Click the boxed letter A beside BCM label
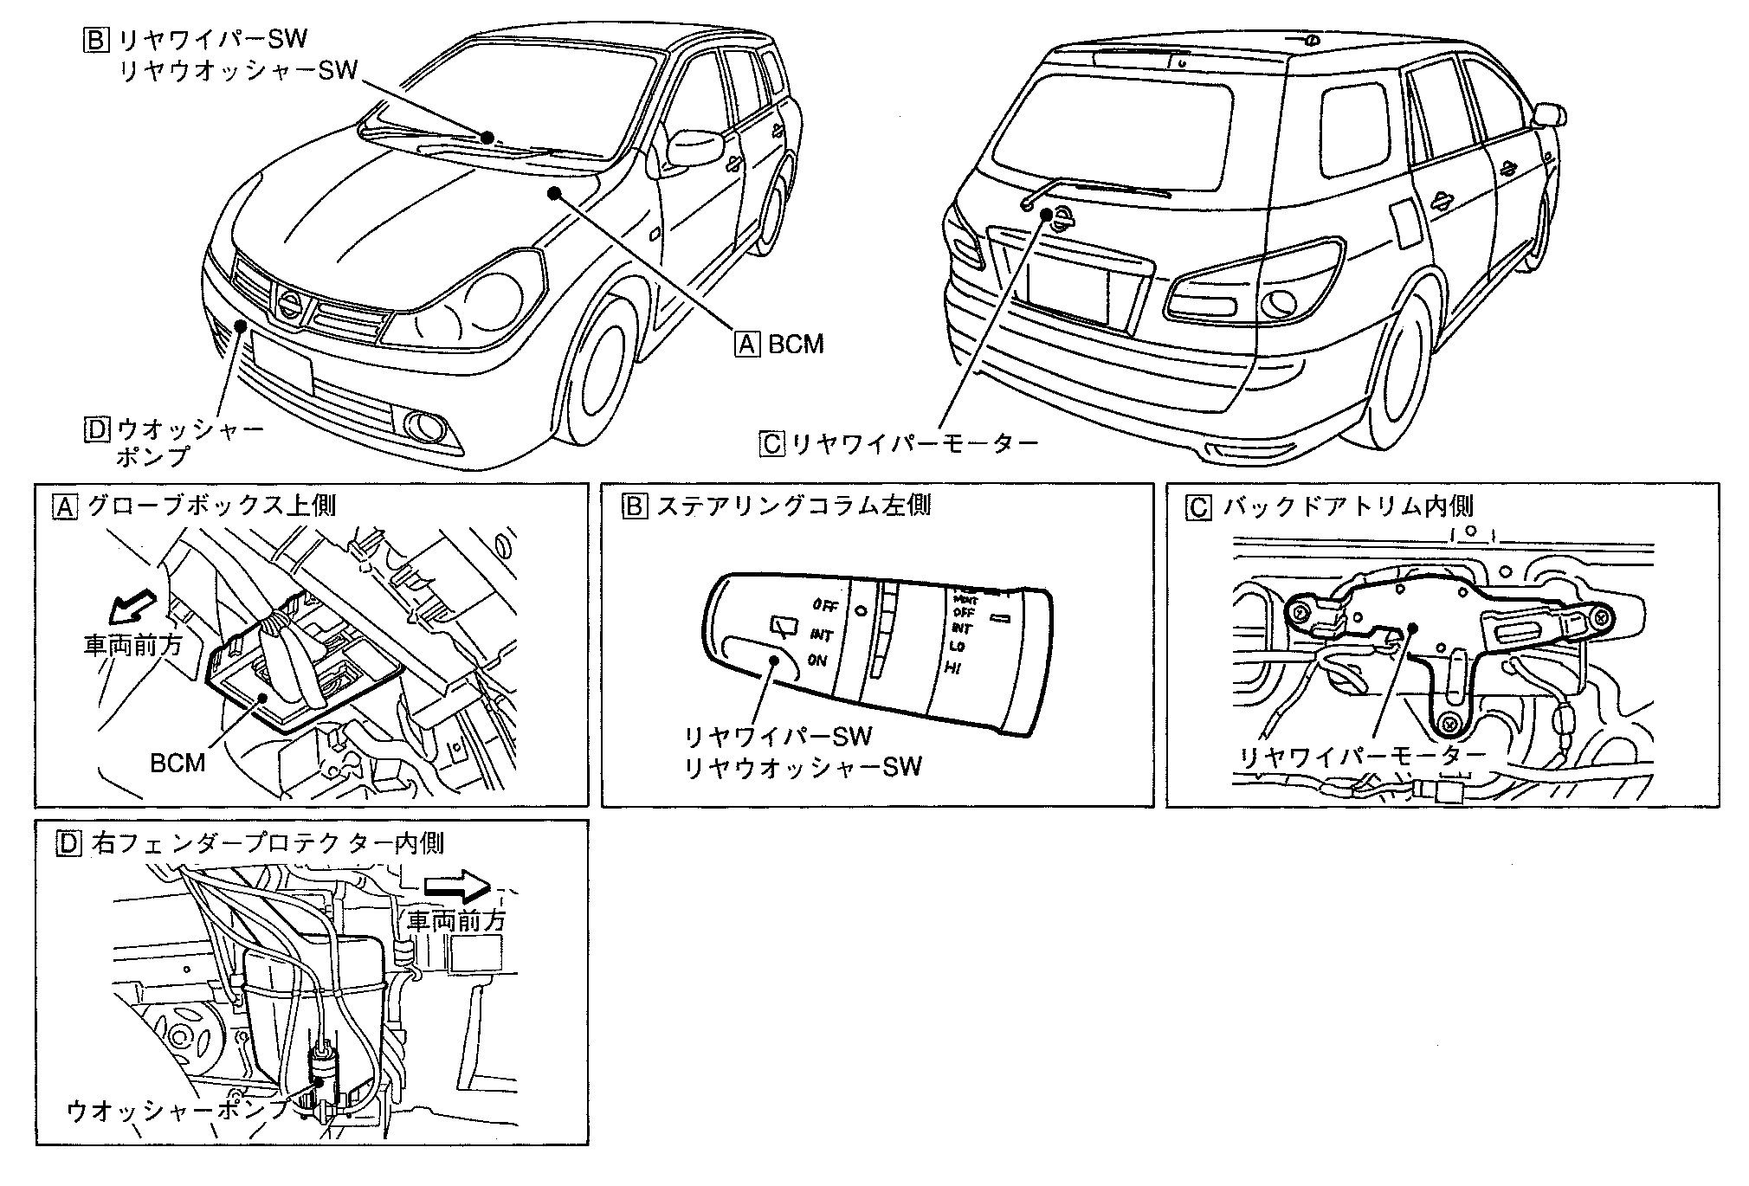(x=746, y=345)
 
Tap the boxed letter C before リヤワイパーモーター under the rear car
(x=770, y=444)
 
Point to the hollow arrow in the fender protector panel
(x=457, y=884)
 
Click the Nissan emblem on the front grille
(x=289, y=304)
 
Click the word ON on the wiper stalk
(x=816, y=661)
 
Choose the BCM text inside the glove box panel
(x=177, y=764)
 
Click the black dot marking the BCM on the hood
(x=552, y=194)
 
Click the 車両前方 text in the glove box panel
(x=132, y=646)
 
